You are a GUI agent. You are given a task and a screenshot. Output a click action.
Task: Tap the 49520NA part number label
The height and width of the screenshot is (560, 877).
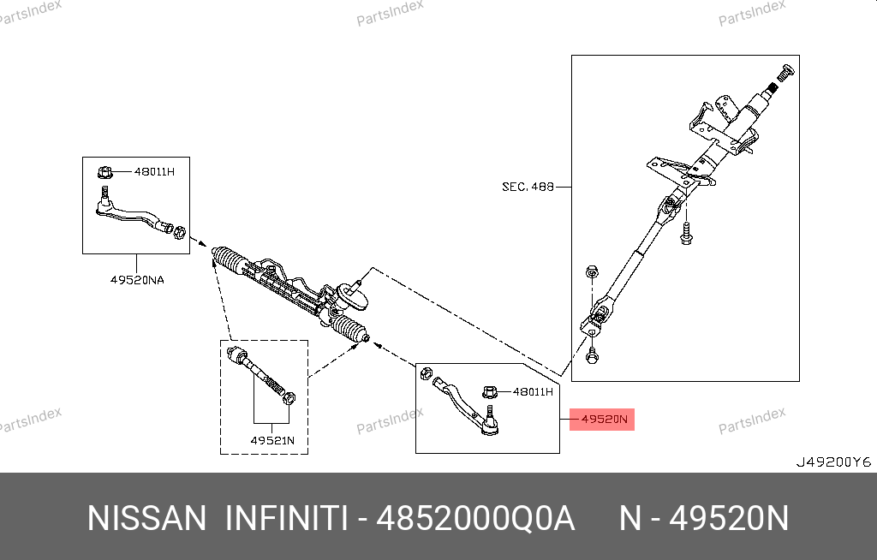tap(137, 280)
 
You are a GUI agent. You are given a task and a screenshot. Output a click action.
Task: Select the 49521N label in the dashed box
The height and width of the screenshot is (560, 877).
tap(272, 440)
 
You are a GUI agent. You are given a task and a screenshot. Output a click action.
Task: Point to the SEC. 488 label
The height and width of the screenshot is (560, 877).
tap(528, 187)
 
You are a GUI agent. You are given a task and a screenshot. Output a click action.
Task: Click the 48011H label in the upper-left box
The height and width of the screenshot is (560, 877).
tap(154, 172)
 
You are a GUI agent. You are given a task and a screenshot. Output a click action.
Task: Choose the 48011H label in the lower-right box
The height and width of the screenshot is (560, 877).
tap(533, 391)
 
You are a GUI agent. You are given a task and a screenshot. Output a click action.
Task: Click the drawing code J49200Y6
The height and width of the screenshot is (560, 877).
tap(833, 462)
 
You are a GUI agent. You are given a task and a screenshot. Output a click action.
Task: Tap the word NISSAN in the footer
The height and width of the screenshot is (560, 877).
tap(147, 518)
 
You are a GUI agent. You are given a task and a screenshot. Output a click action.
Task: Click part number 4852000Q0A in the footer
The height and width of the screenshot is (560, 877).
tap(475, 518)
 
